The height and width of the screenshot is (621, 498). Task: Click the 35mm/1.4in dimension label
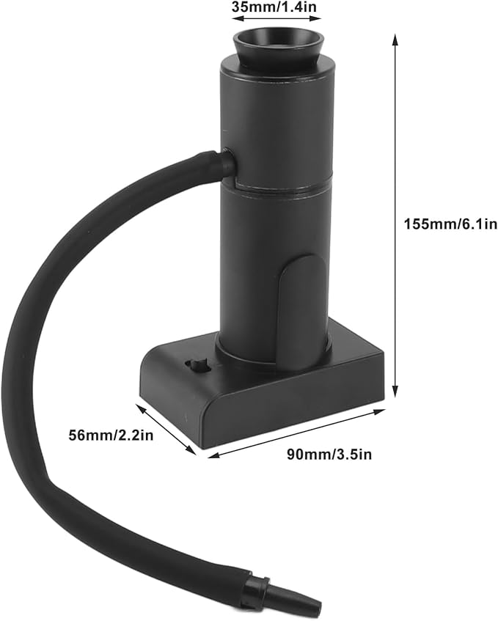274,7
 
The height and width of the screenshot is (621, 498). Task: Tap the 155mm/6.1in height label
450,224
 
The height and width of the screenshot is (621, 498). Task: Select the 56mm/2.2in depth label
111,436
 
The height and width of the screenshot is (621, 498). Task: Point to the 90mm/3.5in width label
329,455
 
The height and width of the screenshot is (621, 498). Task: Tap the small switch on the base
197,366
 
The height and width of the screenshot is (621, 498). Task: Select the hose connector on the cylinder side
227,162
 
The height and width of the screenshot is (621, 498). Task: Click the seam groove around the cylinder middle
277,186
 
